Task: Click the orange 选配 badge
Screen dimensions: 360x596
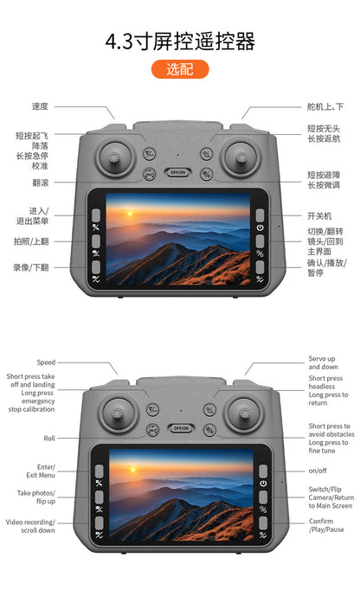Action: click(180, 69)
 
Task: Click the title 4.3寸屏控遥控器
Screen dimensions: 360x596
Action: click(180, 42)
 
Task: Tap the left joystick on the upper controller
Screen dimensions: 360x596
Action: click(114, 157)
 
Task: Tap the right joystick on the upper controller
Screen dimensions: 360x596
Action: click(242, 157)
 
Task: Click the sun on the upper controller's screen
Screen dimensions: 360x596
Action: click(130, 214)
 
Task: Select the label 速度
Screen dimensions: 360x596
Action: click(41, 106)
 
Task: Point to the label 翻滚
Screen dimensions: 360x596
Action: click(41, 183)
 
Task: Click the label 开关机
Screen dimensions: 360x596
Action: click(319, 216)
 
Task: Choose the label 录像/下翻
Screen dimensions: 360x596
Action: click(31, 267)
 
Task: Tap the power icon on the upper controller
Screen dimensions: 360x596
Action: click(260, 228)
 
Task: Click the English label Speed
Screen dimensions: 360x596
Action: click(46, 362)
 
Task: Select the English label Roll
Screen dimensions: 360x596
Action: click(49, 438)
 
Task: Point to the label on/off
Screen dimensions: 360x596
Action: click(318, 471)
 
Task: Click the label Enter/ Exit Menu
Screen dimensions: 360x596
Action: click(41, 471)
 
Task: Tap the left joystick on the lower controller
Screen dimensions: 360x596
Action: click(118, 413)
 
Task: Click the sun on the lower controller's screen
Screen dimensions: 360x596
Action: click(132, 470)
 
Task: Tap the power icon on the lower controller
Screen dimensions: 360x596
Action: click(263, 483)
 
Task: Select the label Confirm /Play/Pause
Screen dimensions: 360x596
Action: click(326, 525)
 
